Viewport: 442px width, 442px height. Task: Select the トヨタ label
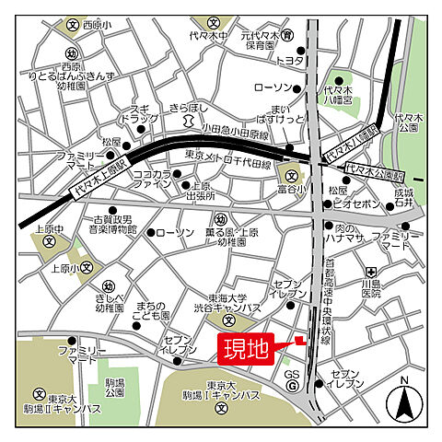click(x=290, y=60)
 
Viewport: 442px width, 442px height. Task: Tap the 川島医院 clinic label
click(x=370, y=288)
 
